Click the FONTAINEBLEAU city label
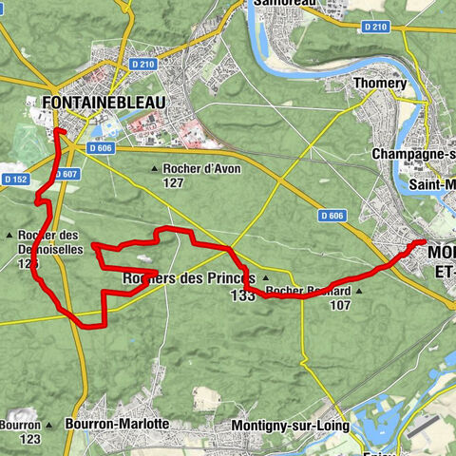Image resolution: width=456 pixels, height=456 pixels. [104, 103]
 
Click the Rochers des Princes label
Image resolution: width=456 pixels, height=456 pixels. [189, 279]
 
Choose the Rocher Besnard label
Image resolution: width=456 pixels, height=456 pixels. [309, 291]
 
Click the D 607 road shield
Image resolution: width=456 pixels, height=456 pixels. [66, 174]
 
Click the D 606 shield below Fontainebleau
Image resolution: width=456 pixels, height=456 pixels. [101, 149]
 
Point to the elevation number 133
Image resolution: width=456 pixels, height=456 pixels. [242, 296]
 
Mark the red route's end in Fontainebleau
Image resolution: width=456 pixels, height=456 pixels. [57, 130]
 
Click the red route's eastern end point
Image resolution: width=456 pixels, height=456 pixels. [421, 243]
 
